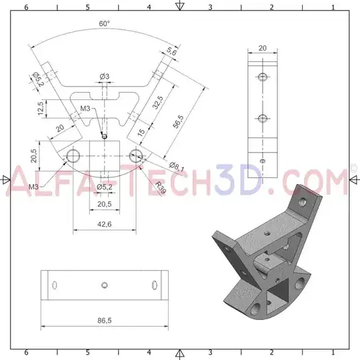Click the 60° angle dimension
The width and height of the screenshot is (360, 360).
coord(105,23)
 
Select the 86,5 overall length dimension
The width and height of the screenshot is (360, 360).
coord(104,321)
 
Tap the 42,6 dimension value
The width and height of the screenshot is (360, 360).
coord(104,225)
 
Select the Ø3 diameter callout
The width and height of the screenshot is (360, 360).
coord(105,77)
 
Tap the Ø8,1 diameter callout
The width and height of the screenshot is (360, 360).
coord(177,165)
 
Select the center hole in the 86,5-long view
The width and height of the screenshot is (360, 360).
coord(104,285)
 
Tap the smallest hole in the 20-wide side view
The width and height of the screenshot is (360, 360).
coord(262,161)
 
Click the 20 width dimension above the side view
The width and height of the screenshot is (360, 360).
coord(262,48)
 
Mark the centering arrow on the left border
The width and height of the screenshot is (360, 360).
coord(6,179)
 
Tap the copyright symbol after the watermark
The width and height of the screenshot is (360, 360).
coord(353,169)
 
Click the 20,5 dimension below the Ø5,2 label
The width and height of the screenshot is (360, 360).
coord(104,204)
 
